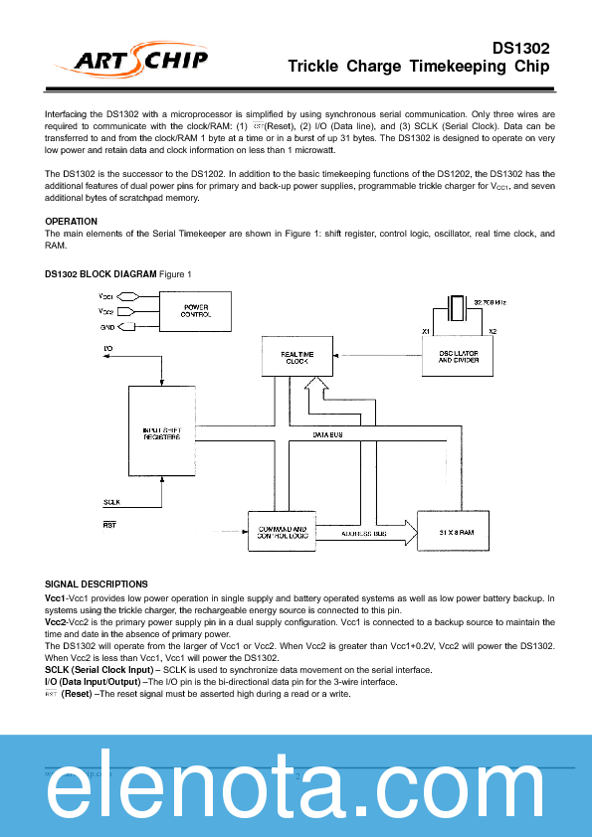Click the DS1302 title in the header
click(x=520, y=48)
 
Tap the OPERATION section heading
click(x=72, y=221)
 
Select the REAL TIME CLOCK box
click(x=296, y=356)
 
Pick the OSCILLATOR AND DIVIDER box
click(x=459, y=356)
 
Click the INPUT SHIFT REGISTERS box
click(x=162, y=433)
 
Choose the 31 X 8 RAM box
click(x=459, y=533)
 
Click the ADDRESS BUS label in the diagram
click(x=364, y=533)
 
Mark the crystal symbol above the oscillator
click(x=458, y=307)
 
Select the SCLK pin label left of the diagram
click(x=112, y=503)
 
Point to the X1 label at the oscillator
click(x=425, y=330)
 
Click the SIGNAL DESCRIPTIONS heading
click(x=97, y=584)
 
